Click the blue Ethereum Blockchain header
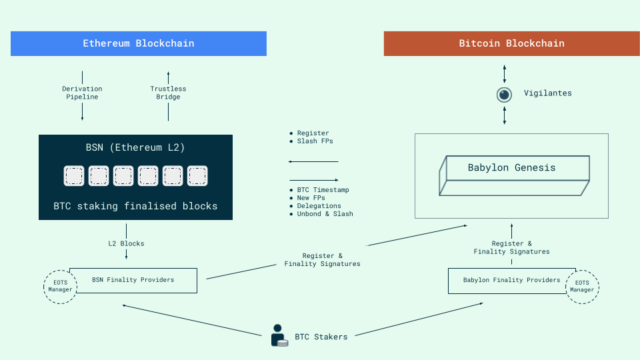click(x=138, y=43)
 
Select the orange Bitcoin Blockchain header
click(x=511, y=43)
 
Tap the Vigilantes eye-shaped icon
click(x=505, y=94)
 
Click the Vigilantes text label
click(x=547, y=93)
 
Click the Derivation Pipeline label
click(x=82, y=93)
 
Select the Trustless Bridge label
click(x=168, y=93)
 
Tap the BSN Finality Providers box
click(x=133, y=280)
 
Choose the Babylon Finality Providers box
click(x=511, y=280)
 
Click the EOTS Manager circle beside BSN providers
click(x=60, y=287)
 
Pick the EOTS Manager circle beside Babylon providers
click(x=581, y=287)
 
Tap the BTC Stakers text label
click(x=321, y=337)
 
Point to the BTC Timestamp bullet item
click(x=323, y=190)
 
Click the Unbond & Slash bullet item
click(x=325, y=214)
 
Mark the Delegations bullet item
click(x=319, y=206)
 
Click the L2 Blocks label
click(x=126, y=243)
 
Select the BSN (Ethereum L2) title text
click(x=135, y=148)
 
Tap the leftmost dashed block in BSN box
click(x=74, y=176)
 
